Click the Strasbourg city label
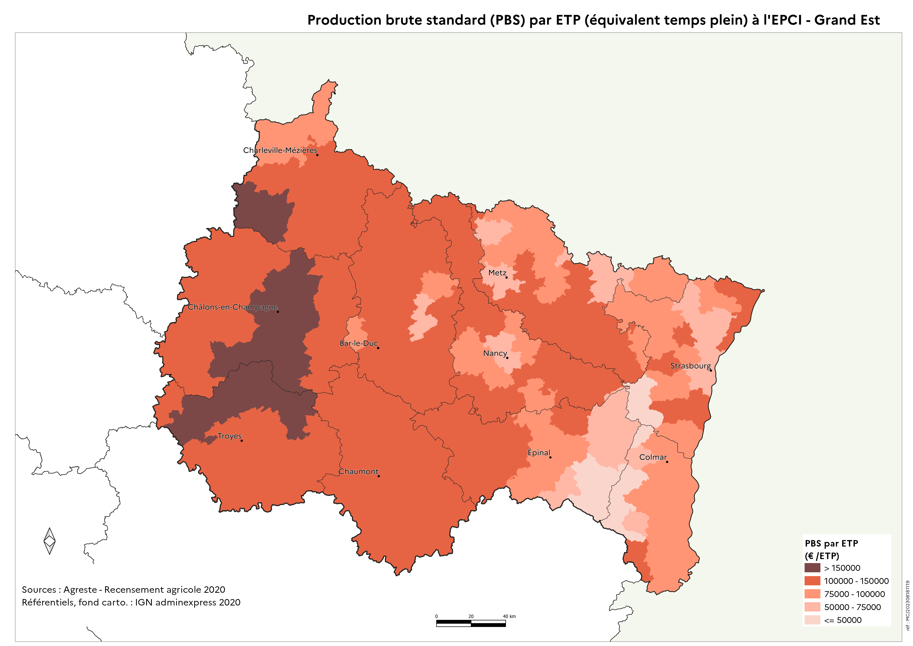690,366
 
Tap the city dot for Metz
507,277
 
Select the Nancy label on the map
495,353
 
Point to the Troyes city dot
242,441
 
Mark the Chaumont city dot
379,476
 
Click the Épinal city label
539,453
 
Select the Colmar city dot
667,462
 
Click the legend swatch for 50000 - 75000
812,607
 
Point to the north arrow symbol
49,541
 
